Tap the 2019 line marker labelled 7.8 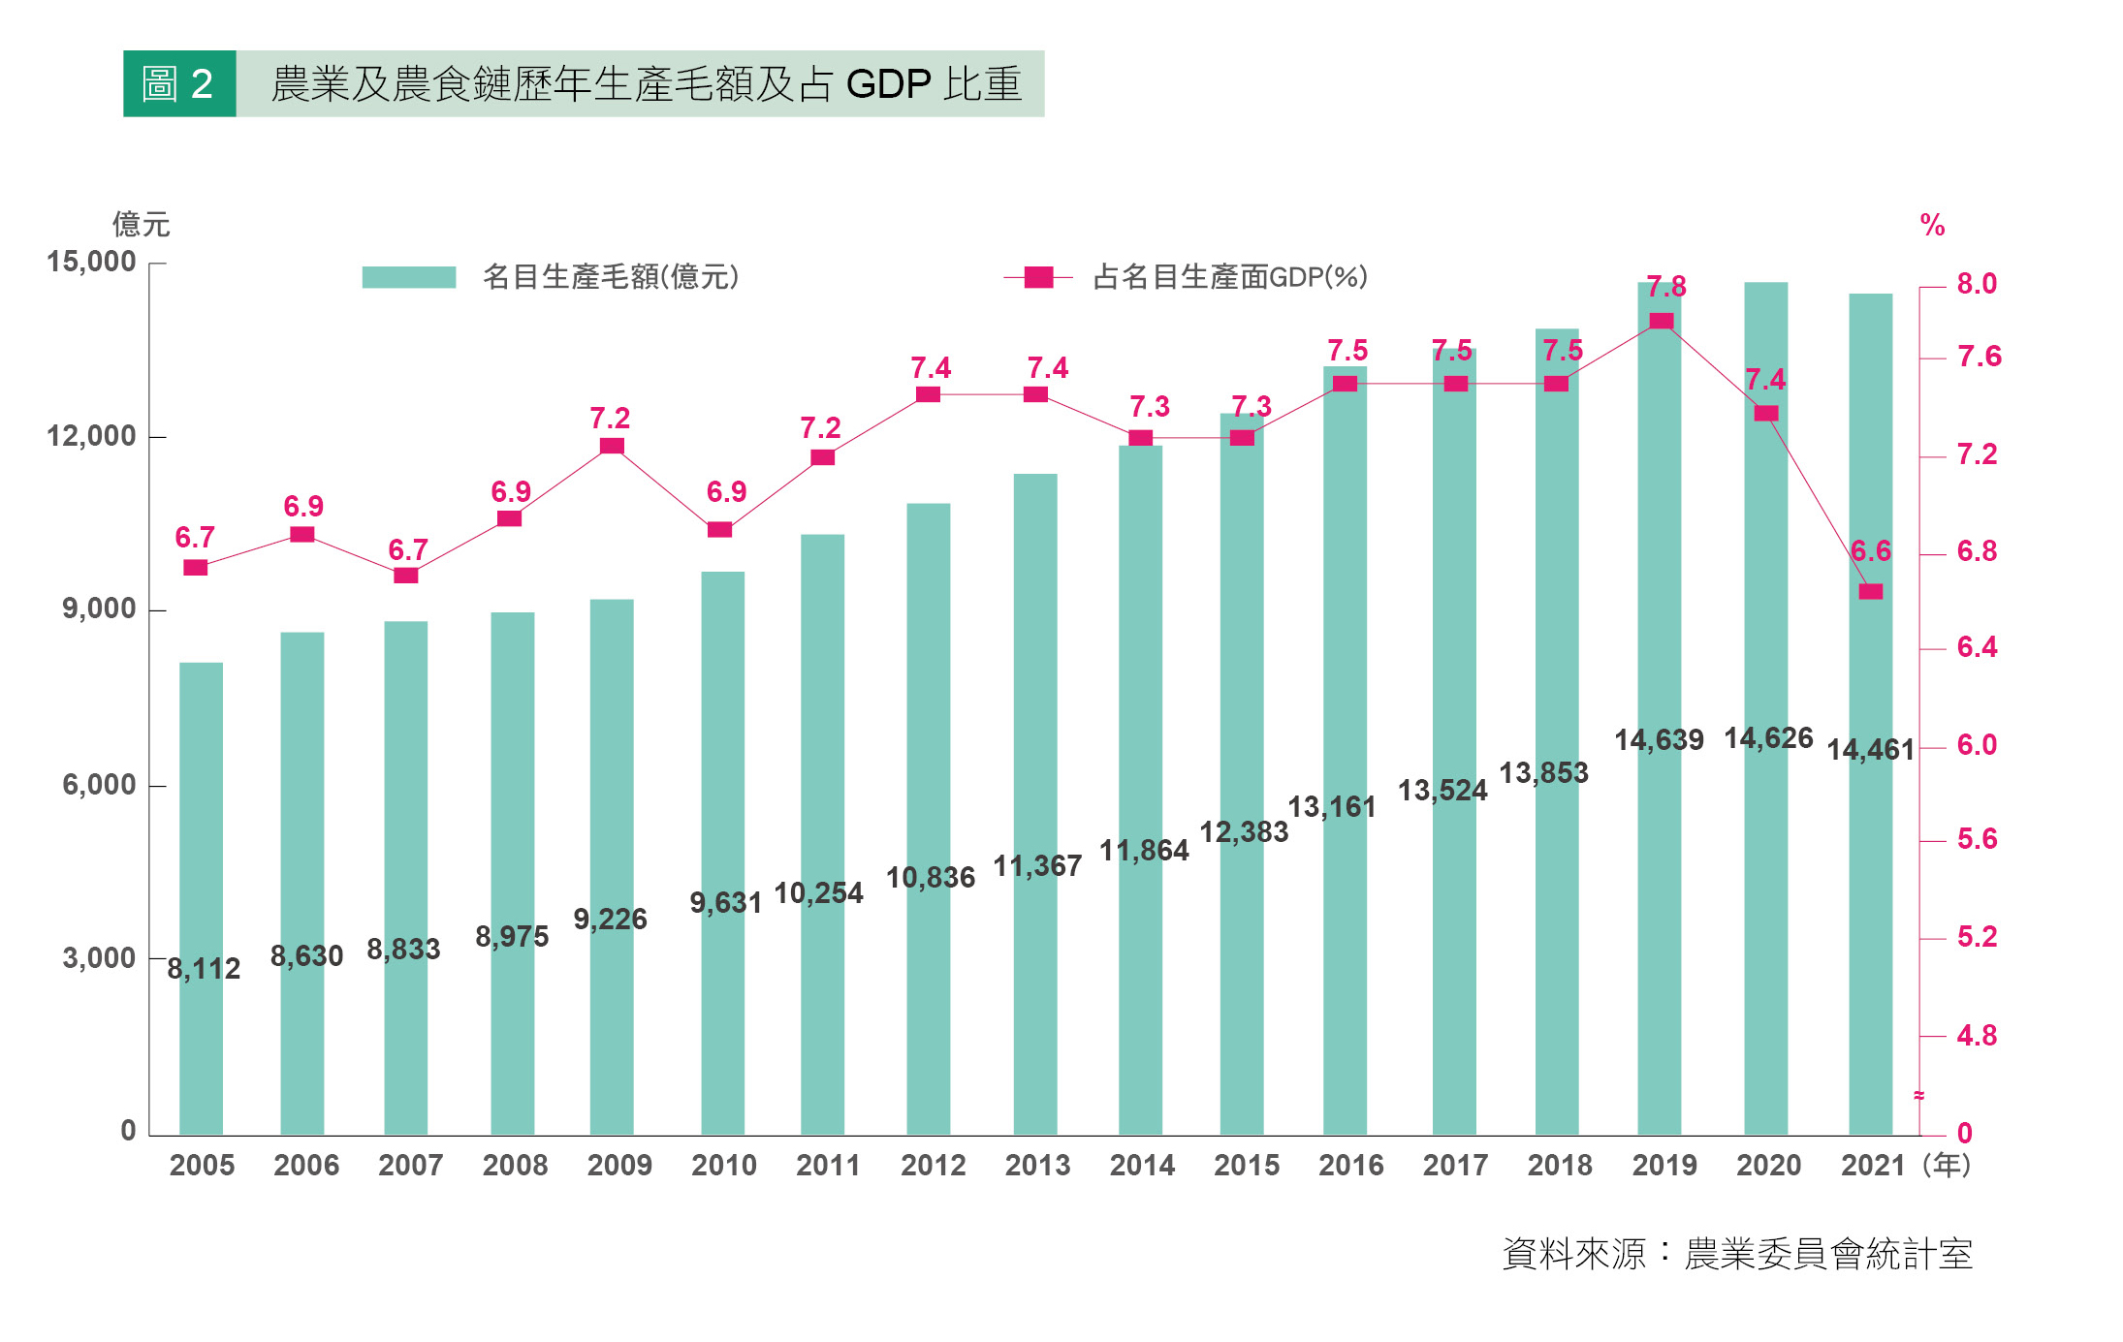click(1661, 321)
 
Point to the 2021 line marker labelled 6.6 click(1870, 591)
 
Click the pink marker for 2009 click(612, 446)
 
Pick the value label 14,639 click(1658, 740)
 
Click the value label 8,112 click(204, 968)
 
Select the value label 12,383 click(1244, 831)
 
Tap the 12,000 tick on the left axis click(91, 436)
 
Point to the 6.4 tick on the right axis click(1976, 647)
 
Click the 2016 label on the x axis click(1350, 1165)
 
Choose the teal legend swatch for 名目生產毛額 click(408, 277)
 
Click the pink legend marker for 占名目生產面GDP click(1038, 277)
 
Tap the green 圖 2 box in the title click(179, 84)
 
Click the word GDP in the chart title click(888, 84)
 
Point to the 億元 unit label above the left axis click(141, 225)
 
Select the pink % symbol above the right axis click(1931, 226)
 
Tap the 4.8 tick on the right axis click(1976, 1036)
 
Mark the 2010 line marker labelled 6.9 click(719, 529)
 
